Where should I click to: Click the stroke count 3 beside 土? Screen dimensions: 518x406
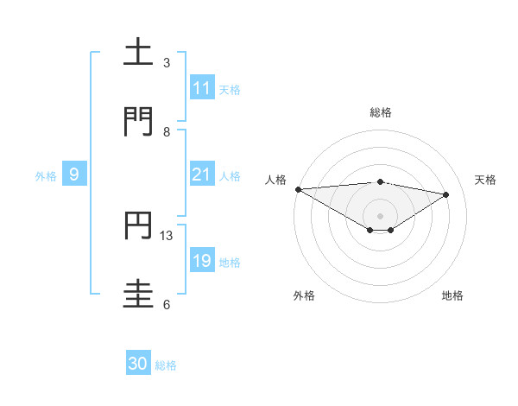pos(167,63)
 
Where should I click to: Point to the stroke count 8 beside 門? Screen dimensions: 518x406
pos(167,132)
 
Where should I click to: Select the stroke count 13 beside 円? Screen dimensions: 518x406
pos(167,235)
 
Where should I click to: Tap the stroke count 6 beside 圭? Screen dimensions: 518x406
pos(167,304)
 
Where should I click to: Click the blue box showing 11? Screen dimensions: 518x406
pos(202,88)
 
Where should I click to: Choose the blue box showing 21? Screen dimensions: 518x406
pos(202,174)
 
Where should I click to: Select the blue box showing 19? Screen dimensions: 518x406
pos(202,261)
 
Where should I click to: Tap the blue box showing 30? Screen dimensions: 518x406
pos(138,365)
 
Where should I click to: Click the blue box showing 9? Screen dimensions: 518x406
pos(74,174)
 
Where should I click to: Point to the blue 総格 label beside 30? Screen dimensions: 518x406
pos(166,365)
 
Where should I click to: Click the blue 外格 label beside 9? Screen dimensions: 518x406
pos(46,175)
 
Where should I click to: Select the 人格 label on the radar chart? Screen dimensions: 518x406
pos(276,180)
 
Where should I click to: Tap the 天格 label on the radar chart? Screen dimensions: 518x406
pos(486,180)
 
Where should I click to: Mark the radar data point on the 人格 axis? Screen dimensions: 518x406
pos(298,189)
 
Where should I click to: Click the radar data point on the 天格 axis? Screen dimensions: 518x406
pos(446,194)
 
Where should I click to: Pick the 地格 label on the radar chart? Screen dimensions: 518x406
pos(452,295)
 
